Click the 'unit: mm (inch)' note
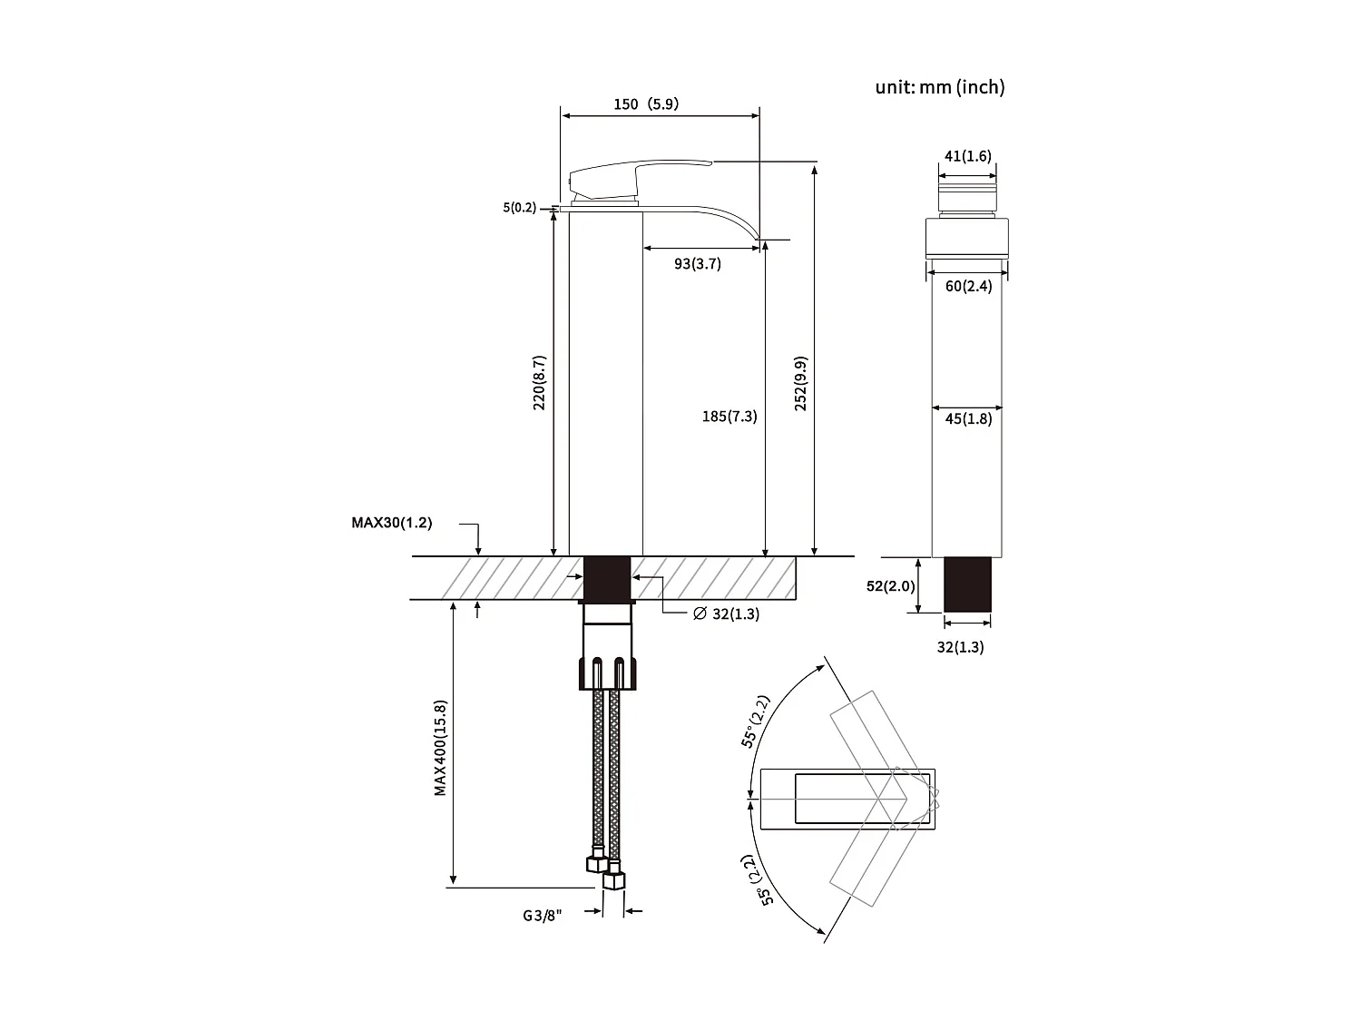pos(939,87)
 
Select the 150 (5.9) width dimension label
pos(645,104)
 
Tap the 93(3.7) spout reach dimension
pos(697,264)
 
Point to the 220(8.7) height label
pos(539,382)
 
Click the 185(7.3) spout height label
pos(729,417)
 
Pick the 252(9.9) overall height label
pos(800,383)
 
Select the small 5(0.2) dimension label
pos(520,208)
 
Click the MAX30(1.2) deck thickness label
pos(391,523)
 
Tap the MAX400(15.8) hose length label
pos(440,747)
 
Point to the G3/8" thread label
pos(542,916)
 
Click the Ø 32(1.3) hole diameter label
pos(726,614)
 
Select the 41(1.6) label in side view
pos(967,156)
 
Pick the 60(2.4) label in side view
pos(968,286)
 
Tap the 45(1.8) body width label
pos(968,419)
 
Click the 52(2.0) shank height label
pos(890,586)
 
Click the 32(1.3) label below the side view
pos(960,647)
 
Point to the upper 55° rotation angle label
pos(756,722)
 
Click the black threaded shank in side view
pos(967,585)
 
